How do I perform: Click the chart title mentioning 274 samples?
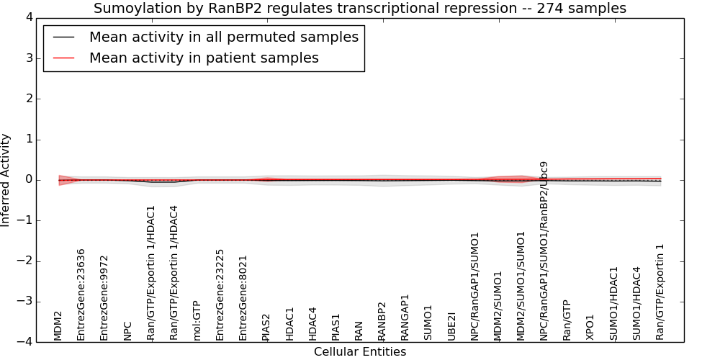click(360, 8)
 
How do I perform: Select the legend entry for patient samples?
click(204, 58)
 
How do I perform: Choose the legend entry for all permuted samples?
click(224, 37)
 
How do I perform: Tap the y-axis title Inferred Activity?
click(5, 180)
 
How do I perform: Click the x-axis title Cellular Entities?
click(360, 352)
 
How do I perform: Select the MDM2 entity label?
click(58, 326)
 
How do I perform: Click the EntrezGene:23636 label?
click(81, 294)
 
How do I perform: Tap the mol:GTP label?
click(197, 321)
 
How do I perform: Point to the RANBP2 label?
click(382, 321)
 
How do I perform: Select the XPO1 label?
click(590, 328)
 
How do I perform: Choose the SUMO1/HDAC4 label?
click(636, 304)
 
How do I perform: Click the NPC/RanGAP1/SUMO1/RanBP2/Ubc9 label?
click(544, 251)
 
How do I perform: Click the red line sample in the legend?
click(64, 58)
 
